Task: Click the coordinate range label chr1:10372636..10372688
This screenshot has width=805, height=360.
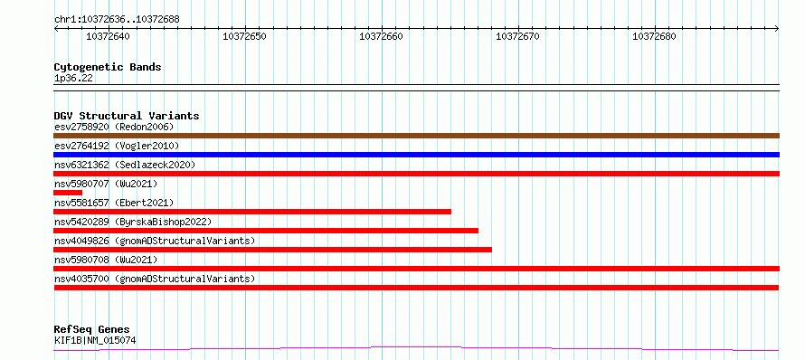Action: click(x=117, y=20)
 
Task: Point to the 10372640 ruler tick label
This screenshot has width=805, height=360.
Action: click(x=108, y=36)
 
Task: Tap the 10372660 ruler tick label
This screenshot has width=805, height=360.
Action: click(x=381, y=36)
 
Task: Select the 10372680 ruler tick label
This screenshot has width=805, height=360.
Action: click(x=654, y=36)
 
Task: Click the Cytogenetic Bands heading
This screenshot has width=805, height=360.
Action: click(x=108, y=67)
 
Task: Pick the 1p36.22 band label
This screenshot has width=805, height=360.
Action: click(x=73, y=79)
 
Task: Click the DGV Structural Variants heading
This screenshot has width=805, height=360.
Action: click(x=127, y=116)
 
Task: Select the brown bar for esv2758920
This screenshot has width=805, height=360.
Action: click(x=416, y=136)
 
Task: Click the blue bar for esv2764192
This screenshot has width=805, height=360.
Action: click(x=416, y=155)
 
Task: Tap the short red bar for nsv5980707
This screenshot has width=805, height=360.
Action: click(x=68, y=193)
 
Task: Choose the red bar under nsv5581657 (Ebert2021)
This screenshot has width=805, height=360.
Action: click(x=252, y=212)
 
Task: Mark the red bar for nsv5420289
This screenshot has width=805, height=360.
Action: click(x=266, y=231)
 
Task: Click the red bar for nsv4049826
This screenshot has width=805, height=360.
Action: click(x=272, y=250)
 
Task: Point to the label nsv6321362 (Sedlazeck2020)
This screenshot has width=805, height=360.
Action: click(x=125, y=165)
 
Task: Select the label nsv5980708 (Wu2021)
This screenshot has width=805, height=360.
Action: click(x=106, y=260)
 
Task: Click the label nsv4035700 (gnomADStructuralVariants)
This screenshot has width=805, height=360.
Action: click(x=155, y=279)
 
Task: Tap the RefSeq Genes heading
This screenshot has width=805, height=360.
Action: click(x=92, y=329)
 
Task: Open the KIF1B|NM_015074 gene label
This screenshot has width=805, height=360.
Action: click(x=95, y=340)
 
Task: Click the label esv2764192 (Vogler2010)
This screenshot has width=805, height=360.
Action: click(x=117, y=146)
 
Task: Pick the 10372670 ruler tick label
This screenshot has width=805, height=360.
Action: click(x=517, y=36)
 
